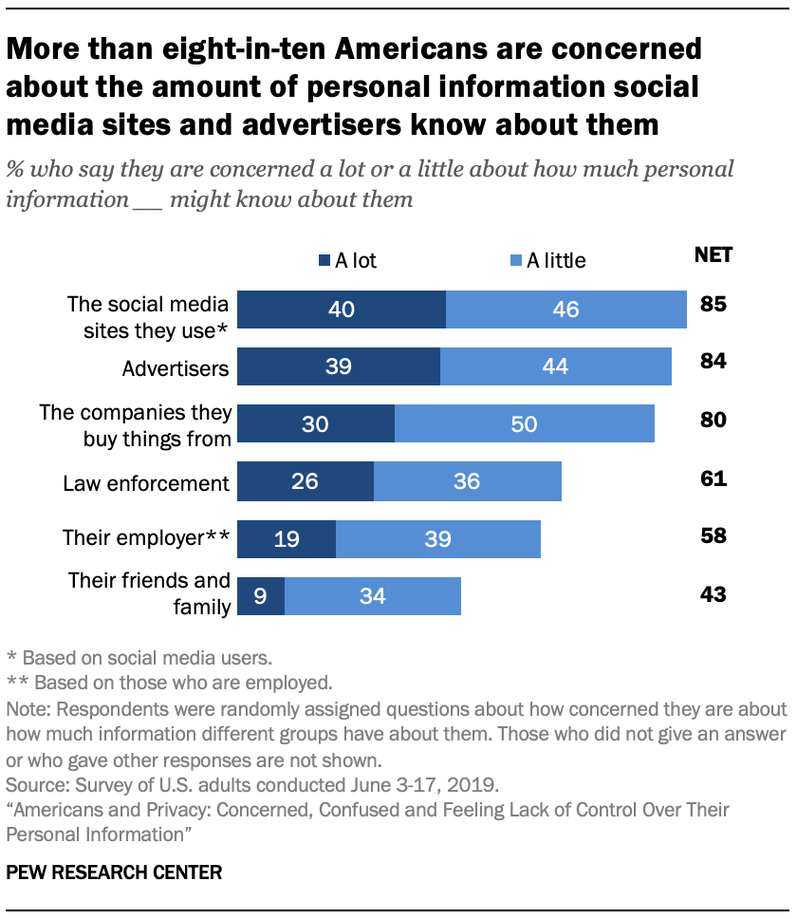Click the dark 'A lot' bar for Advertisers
[339, 366]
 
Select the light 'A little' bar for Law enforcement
[468, 481]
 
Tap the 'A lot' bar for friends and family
[261, 596]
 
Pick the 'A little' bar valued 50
[525, 423]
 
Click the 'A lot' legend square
[324, 260]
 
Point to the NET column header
[713, 254]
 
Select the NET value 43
[713, 595]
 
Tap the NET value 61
[713, 479]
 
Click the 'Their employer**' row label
[146, 538]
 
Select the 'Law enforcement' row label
[146, 482]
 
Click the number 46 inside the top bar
[566, 309]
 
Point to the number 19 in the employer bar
[287, 539]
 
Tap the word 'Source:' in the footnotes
[33, 786]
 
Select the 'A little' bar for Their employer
[438, 539]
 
